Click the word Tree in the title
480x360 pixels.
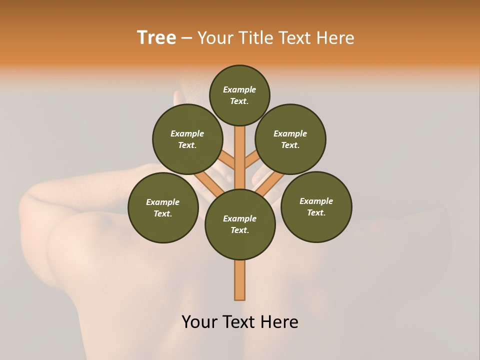156,38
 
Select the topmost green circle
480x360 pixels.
239,95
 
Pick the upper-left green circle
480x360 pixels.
187,139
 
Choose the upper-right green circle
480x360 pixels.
290,139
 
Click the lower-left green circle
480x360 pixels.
163,207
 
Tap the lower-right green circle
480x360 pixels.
316,206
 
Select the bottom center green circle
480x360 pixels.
240,224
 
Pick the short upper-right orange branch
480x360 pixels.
251,160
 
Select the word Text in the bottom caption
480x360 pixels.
240,322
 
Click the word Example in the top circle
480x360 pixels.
239,89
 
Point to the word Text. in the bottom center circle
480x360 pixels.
239,230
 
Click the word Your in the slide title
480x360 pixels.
214,38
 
